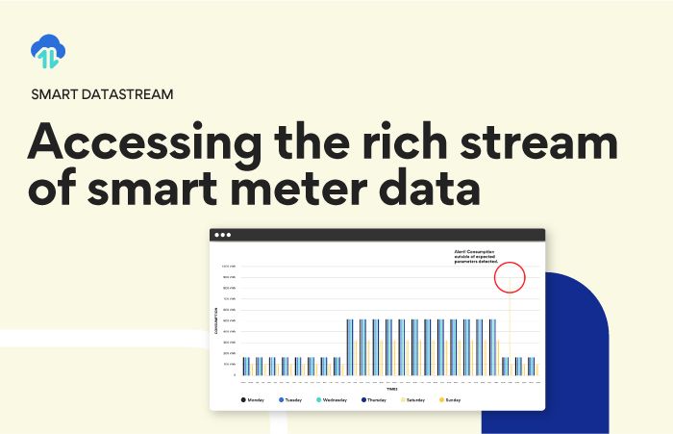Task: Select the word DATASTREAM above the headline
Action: [130, 94]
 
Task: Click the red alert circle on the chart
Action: [510, 276]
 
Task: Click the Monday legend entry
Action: [252, 398]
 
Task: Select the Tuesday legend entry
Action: [291, 398]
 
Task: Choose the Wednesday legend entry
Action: [331, 398]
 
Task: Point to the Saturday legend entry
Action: [413, 398]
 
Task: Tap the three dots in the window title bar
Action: [222, 235]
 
